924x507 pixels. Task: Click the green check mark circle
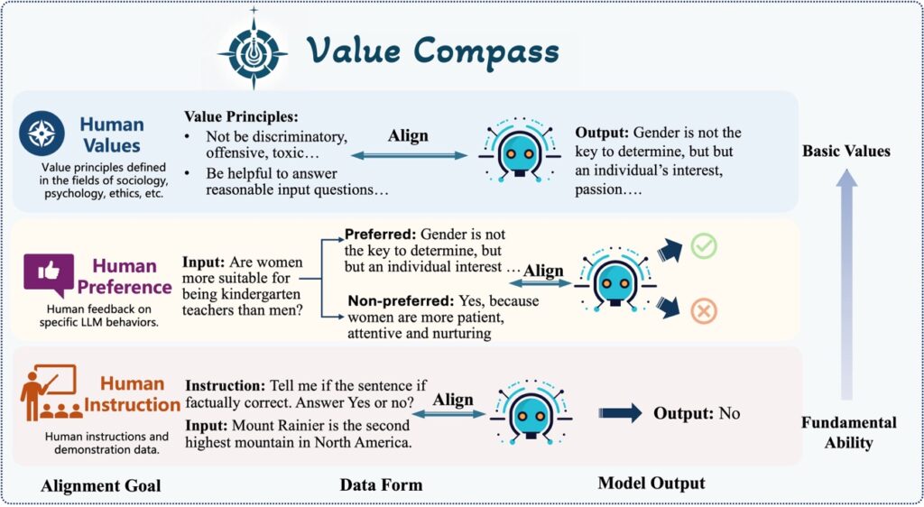pos(703,245)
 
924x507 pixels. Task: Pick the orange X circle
pos(703,311)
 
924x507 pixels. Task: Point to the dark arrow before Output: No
pos(619,413)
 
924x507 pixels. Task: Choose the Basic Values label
pos(846,151)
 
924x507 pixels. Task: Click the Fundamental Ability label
pos(848,432)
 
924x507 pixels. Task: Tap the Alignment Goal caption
pos(101,486)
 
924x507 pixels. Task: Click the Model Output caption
pos(651,484)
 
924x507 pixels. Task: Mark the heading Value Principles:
pos(241,117)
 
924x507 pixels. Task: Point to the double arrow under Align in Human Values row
pos(408,156)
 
